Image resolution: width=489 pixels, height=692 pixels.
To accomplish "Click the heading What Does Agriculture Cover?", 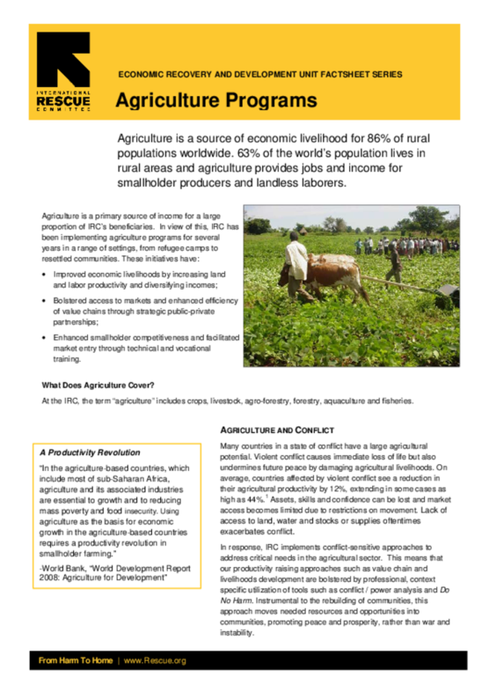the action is (98, 385).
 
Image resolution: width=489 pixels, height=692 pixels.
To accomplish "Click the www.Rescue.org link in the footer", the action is (155, 660).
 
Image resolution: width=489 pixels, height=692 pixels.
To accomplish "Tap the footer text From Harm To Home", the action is (74, 660).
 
